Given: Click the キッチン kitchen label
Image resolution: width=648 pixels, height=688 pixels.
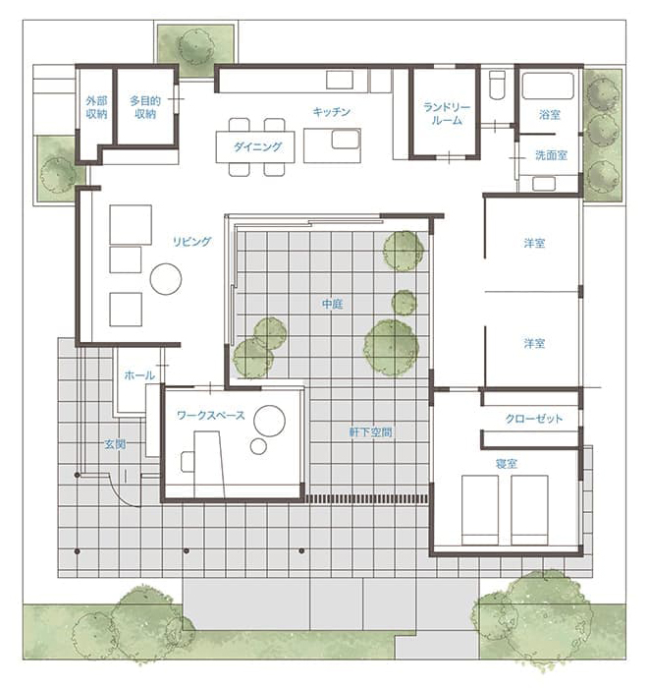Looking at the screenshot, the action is pyautogui.click(x=332, y=112).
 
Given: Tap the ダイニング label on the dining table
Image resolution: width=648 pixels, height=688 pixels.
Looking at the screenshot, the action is pyautogui.click(x=257, y=146).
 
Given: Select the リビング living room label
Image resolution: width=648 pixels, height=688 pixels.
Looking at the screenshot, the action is pyautogui.click(x=192, y=242).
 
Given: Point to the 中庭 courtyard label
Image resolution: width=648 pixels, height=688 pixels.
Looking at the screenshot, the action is pyautogui.click(x=332, y=304).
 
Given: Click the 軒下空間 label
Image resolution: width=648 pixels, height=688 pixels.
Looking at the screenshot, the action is pyautogui.click(x=370, y=432).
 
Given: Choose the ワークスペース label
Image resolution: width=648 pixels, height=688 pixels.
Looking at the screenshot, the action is pyautogui.click(x=211, y=415).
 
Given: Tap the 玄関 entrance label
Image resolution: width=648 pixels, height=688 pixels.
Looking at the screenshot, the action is pyautogui.click(x=115, y=444).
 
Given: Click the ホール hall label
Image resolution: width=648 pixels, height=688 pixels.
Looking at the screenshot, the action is pyautogui.click(x=139, y=375).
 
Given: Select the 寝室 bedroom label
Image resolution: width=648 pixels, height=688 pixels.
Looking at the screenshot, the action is pyautogui.click(x=507, y=463).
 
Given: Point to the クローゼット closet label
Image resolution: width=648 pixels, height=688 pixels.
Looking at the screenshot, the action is pyautogui.click(x=533, y=419).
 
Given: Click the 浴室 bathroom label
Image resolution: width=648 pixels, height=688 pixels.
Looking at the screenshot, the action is pyautogui.click(x=550, y=115).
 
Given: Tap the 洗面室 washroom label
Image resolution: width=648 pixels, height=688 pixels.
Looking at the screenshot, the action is pyautogui.click(x=551, y=155).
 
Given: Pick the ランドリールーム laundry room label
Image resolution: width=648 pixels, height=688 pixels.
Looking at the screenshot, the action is pyautogui.click(x=447, y=114).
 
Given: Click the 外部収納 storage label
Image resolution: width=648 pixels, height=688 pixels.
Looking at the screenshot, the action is pyautogui.click(x=96, y=107).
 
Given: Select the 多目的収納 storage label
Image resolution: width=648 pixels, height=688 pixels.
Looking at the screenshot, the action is pyautogui.click(x=145, y=107).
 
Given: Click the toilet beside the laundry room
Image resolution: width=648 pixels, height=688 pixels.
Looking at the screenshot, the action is pyautogui.click(x=498, y=85).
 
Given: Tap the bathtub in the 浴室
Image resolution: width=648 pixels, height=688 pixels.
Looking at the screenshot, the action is pyautogui.click(x=548, y=86).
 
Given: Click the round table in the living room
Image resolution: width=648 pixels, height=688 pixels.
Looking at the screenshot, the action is pyautogui.click(x=166, y=278).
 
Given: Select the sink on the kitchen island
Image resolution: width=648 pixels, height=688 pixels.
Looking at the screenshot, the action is pyautogui.click(x=346, y=140).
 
